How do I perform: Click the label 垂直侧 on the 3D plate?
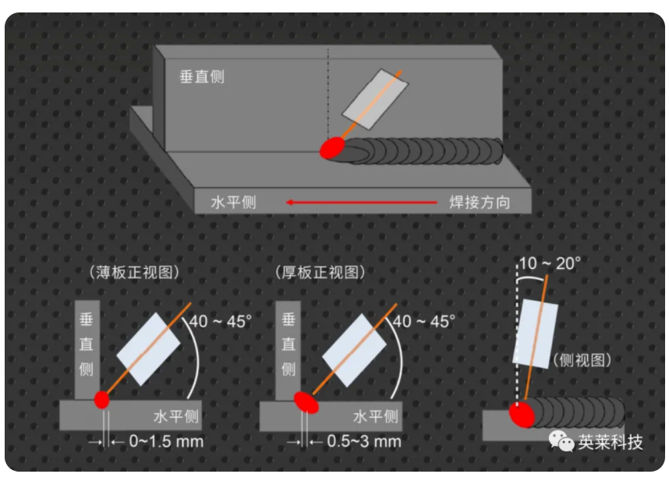pos(202,78)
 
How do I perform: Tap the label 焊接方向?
pos(479,203)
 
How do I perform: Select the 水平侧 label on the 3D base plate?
pos(233,203)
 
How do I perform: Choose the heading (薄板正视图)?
pos(136,272)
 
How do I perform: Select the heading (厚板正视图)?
pos(320,272)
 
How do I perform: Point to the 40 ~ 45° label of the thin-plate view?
pos(221,320)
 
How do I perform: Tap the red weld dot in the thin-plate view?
pos(101,400)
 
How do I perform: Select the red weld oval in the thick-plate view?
pos(306,401)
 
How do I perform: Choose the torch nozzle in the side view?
pos(536,332)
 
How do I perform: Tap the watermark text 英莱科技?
pos(611,442)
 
